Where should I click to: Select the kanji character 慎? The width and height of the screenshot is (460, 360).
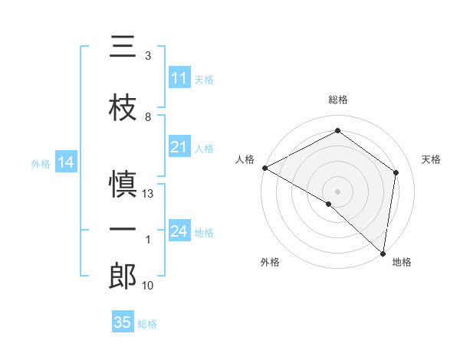123,185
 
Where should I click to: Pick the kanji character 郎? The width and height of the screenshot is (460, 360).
123,277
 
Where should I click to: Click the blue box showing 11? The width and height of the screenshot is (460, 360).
179,78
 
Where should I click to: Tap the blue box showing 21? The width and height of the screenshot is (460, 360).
179,147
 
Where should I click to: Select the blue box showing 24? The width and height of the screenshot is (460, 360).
179,231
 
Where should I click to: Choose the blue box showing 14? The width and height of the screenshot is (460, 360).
65,162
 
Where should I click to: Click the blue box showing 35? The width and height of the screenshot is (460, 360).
123,322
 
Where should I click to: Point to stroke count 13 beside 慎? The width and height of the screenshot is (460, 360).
149,194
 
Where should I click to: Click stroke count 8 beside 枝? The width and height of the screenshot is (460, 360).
148,117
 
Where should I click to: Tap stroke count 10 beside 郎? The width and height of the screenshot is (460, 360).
149,286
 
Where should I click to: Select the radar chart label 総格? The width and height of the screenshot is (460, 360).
338,100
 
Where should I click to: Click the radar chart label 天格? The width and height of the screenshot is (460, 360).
431,159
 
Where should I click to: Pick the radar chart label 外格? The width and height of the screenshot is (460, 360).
270,262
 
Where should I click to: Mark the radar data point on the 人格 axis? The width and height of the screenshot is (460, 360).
264,168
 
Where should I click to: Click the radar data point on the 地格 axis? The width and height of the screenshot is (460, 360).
383,253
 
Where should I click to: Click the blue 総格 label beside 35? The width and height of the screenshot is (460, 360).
147,324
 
